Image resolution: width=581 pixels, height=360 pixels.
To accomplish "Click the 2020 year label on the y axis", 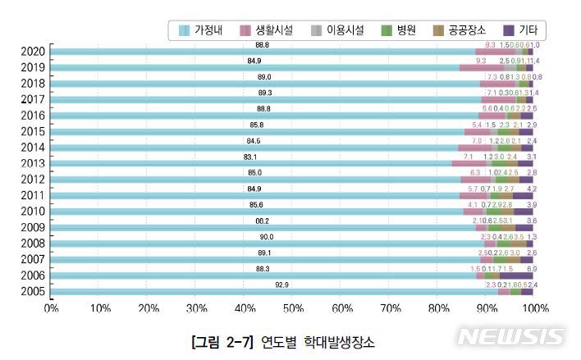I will pyautogui.click(x=33, y=52).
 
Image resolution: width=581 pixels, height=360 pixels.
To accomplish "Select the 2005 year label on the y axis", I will pyautogui.click(x=33, y=291).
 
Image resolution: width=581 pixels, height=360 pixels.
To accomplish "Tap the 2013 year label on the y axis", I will pyautogui.click(x=33, y=163).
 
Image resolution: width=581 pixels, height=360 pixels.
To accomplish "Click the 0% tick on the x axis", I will pyautogui.click(x=51, y=308).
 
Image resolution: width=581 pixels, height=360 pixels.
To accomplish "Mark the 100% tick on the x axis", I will pyautogui.click(x=535, y=308).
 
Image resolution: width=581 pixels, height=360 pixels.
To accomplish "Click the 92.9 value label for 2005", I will pyautogui.click(x=263, y=284).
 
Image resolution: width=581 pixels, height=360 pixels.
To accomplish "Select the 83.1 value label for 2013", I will pyautogui.click(x=250, y=156).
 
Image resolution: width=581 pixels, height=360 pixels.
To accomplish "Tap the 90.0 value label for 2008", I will pyautogui.click(x=265, y=236).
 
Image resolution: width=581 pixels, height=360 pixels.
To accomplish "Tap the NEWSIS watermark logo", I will pyautogui.click(x=510, y=336).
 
